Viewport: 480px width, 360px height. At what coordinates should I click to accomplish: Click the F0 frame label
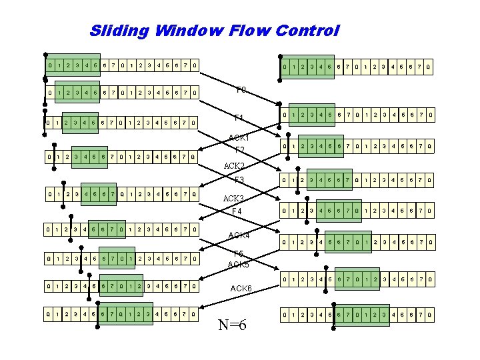(x=241, y=89)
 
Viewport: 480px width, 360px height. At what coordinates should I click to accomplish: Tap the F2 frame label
(x=240, y=149)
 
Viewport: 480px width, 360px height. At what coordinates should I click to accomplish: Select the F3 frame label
(x=239, y=179)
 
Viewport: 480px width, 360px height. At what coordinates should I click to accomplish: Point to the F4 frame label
(x=237, y=211)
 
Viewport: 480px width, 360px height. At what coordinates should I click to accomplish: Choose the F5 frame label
(x=239, y=253)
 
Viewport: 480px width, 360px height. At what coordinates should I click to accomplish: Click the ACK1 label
(x=239, y=138)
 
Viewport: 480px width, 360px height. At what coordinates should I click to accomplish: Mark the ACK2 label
(x=235, y=165)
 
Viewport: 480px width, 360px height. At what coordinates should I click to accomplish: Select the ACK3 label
(x=234, y=199)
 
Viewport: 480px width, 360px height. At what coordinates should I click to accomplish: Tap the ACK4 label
(x=239, y=235)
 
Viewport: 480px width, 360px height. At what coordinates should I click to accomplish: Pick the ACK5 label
(x=239, y=265)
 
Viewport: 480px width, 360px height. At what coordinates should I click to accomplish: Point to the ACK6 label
(x=241, y=288)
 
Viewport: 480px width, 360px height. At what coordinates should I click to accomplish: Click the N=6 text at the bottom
(x=232, y=325)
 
